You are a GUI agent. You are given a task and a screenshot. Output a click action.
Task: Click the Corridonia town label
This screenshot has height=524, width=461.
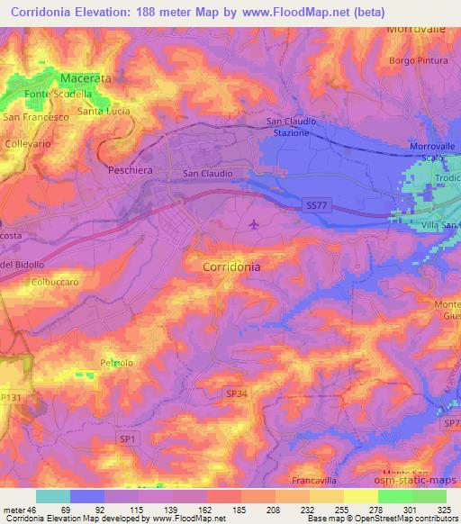pyautogui.click(x=232, y=267)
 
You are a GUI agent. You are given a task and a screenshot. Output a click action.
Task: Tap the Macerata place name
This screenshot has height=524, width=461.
pyautogui.click(x=86, y=78)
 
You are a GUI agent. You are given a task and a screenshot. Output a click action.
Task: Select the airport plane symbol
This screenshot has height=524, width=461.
pyautogui.click(x=254, y=223)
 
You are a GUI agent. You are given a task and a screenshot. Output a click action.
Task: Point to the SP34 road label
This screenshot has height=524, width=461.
pyautogui.click(x=236, y=393)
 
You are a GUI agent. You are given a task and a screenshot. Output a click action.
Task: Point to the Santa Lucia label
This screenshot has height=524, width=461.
pyautogui.click(x=104, y=112)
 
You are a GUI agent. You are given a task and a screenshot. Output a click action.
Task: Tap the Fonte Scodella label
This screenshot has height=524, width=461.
pyautogui.click(x=60, y=94)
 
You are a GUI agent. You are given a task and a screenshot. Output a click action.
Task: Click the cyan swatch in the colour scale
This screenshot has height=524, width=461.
pyautogui.click(x=53, y=496)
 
